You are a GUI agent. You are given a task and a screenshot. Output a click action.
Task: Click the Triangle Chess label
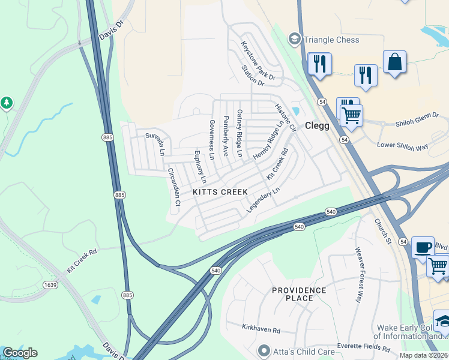(x=331, y=40)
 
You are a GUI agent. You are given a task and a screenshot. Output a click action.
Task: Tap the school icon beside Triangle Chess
(x=294, y=40)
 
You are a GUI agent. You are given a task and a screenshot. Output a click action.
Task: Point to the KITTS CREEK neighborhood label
(x=220, y=192)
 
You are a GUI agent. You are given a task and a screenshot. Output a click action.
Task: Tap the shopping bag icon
(x=394, y=62)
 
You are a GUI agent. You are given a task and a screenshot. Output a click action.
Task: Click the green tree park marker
(x=7, y=103)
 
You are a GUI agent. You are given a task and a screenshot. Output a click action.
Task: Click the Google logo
(x=20, y=353)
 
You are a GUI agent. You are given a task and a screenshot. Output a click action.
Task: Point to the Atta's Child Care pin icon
(x=262, y=350)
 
